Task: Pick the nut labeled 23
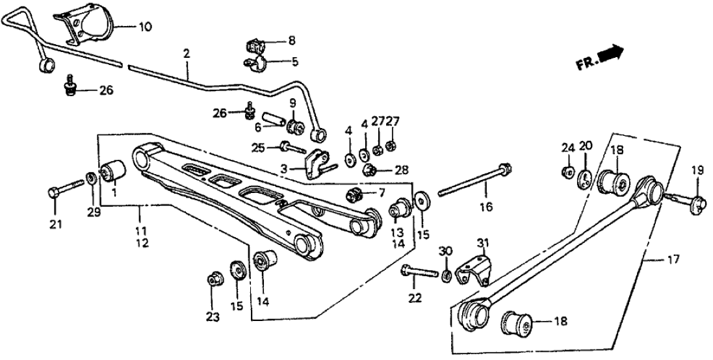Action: (x=213, y=280)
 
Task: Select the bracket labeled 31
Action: (x=473, y=272)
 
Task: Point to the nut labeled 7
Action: (x=356, y=193)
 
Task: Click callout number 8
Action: (x=291, y=40)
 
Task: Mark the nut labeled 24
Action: (x=567, y=173)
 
